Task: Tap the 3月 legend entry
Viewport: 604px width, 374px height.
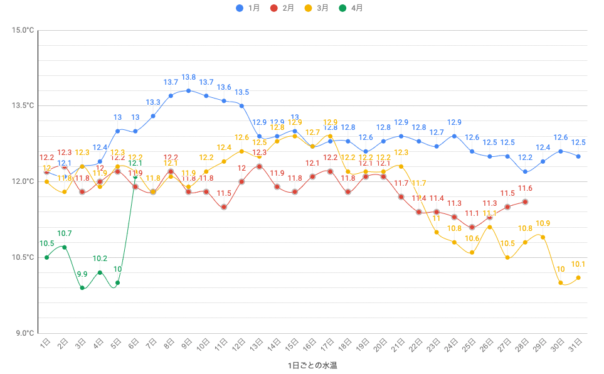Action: pyautogui.click(x=317, y=8)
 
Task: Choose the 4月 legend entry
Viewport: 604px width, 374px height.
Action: pyautogui.click(x=352, y=8)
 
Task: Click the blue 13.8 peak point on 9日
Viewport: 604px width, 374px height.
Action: pyautogui.click(x=188, y=90)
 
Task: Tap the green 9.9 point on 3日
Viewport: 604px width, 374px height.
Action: pyautogui.click(x=82, y=287)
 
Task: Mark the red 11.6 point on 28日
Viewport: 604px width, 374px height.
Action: pyautogui.click(x=525, y=201)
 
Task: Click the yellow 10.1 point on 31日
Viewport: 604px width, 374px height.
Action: pyautogui.click(x=578, y=277)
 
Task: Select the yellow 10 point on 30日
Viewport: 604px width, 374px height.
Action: pyautogui.click(x=561, y=282)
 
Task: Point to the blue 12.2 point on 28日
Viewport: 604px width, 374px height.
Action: pyautogui.click(x=525, y=171)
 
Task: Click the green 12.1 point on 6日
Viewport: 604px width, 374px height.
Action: pyautogui.click(x=135, y=176)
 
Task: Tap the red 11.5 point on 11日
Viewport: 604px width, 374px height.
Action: pyautogui.click(x=224, y=206)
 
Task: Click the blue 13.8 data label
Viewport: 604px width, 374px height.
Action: pyautogui.click(x=188, y=77)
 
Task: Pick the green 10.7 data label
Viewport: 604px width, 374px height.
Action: pyautogui.click(x=65, y=233)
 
